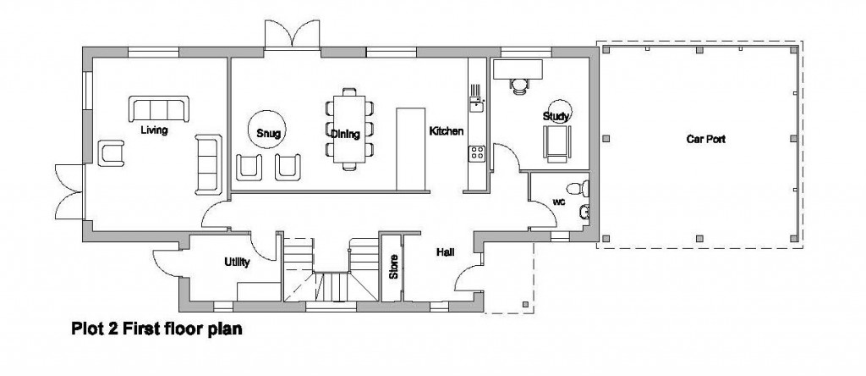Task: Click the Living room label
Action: tap(154, 130)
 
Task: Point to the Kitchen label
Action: tap(446, 131)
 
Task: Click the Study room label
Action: tap(556, 116)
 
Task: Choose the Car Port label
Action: tap(705, 138)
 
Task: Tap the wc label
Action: tap(559, 202)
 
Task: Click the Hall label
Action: tap(446, 252)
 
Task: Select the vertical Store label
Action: tap(392, 268)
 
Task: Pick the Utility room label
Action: tap(237, 263)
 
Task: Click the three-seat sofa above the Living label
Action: tap(158, 109)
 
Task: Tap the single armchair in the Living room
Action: tap(112, 153)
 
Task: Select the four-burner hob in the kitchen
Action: tap(477, 153)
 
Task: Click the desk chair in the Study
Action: tap(518, 82)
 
